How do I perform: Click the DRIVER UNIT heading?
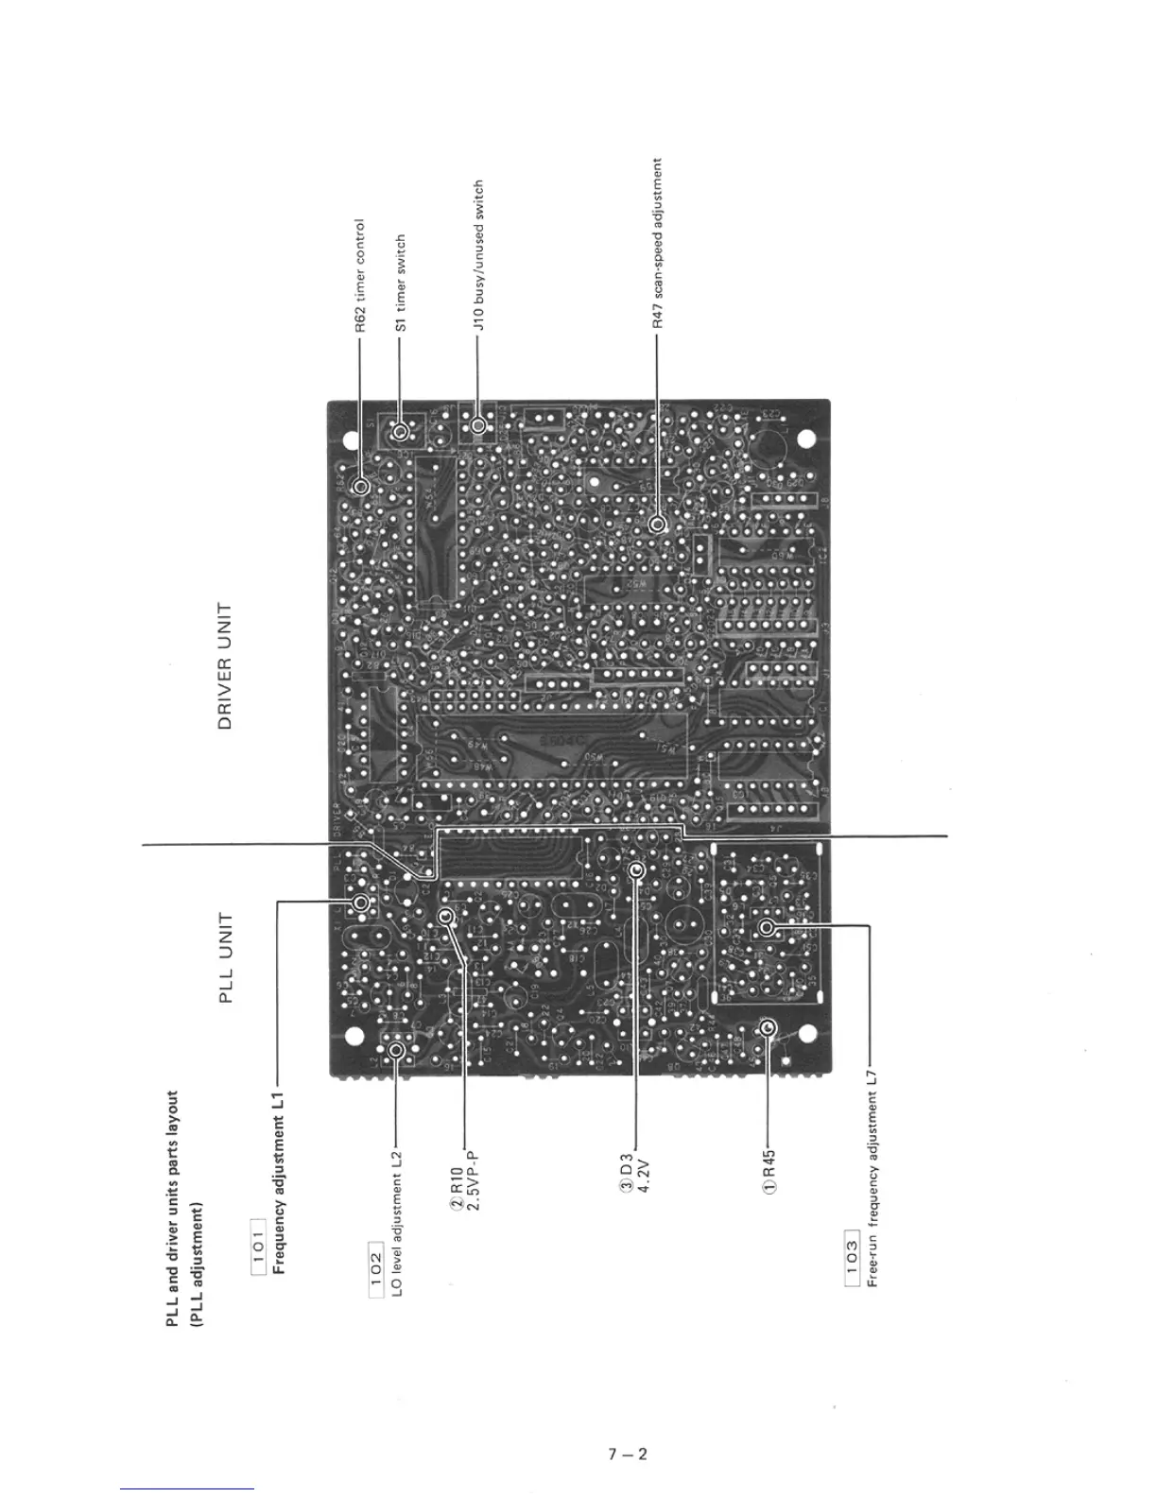pos(225,666)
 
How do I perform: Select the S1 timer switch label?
pos(400,283)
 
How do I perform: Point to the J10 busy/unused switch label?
pos(479,255)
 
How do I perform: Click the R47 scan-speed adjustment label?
pos(658,243)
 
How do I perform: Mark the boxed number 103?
pos(852,1261)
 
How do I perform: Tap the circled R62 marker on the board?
pos(360,487)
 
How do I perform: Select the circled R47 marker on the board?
pos(658,523)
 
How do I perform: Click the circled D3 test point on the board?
pos(636,869)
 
